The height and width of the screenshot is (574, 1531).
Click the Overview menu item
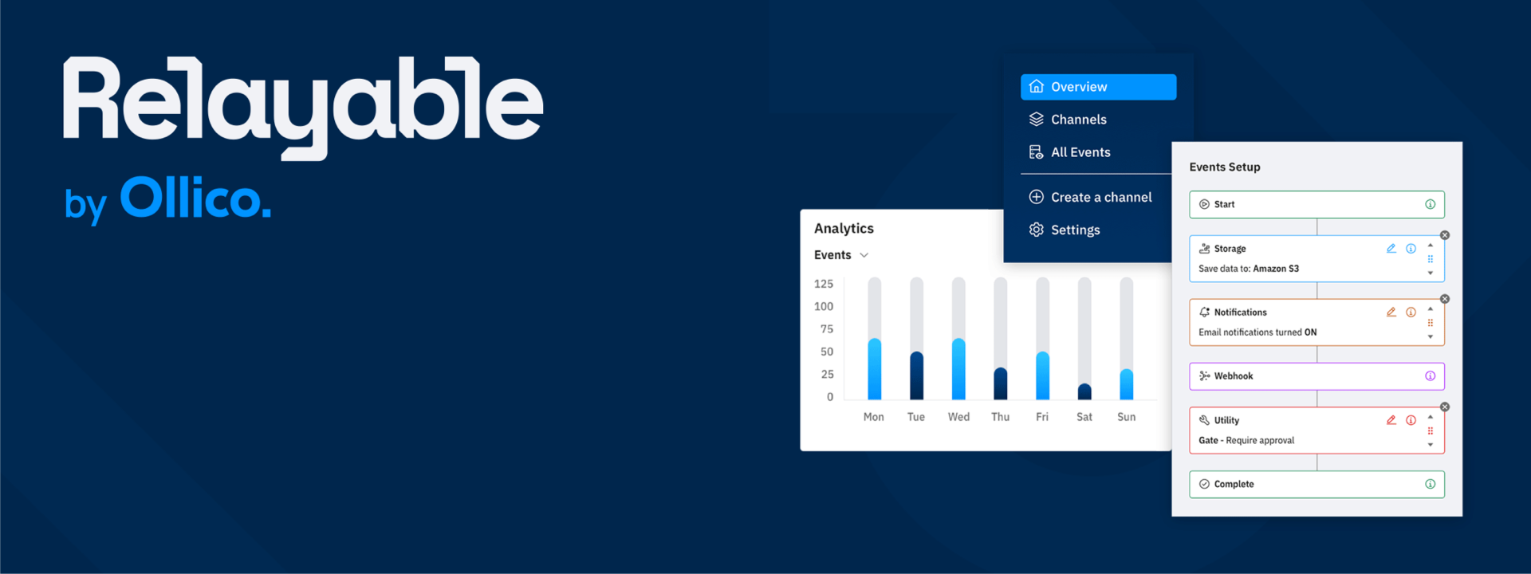1098,87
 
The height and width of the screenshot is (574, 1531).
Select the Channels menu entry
1068,120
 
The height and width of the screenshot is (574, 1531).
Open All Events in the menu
1069,152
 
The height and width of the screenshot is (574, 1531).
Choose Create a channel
1090,197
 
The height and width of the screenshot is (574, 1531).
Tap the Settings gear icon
1036,230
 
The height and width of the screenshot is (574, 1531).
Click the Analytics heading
844,229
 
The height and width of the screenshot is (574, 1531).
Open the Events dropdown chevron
864,255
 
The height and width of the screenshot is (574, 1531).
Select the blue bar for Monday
875,369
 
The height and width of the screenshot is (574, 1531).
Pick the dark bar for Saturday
1084,391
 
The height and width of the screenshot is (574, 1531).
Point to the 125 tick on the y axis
824,284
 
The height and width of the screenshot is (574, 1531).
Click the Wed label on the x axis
958,417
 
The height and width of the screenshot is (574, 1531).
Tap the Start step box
1317,204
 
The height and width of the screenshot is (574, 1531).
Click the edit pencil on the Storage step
1391,249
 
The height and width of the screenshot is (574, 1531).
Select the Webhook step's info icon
1430,376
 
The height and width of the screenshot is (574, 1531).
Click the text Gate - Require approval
1246,440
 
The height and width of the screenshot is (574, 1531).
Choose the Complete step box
1317,484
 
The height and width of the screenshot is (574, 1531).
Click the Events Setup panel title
1225,167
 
